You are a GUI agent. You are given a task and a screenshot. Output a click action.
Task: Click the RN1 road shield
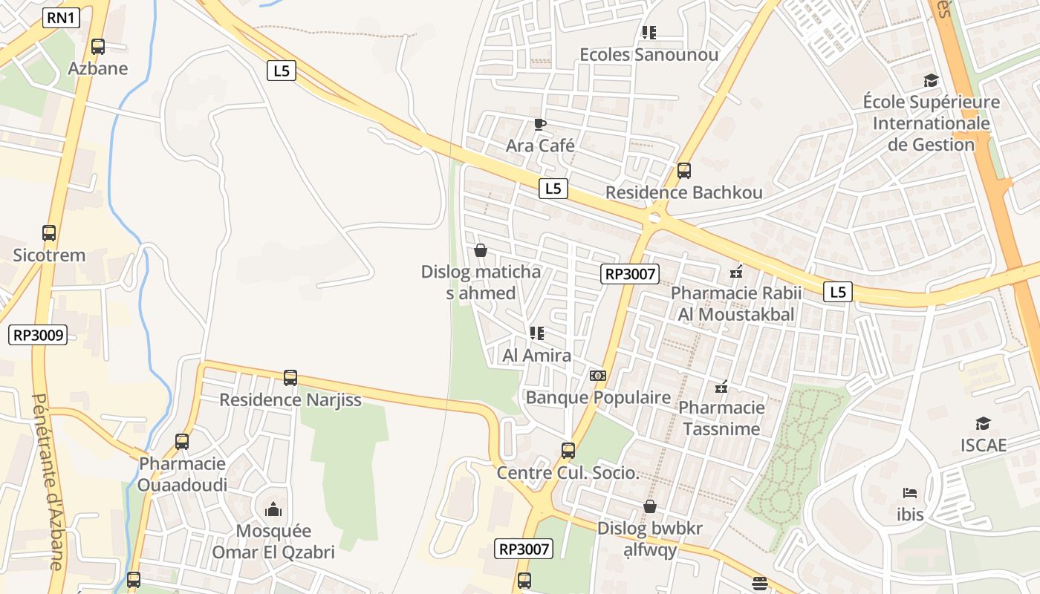pyautogui.click(x=61, y=18)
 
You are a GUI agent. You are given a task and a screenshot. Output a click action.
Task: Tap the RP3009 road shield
pyautogui.click(x=38, y=335)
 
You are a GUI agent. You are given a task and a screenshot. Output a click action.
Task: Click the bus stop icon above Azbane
pyautogui.click(x=98, y=47)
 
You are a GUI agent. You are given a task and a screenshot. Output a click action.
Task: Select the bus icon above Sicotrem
pyautogui.click(x=49, y=233)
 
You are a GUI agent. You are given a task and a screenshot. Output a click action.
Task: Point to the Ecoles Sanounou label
pyautogui.click(x=649, y=55)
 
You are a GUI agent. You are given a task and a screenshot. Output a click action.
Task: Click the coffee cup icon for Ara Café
pyautogui.click(x=540, y=124)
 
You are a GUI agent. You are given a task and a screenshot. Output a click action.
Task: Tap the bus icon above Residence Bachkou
pyautogui.click(x=684, y=171)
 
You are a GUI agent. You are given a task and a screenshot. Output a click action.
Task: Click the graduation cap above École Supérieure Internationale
pyautogui.click(x=931, y=80)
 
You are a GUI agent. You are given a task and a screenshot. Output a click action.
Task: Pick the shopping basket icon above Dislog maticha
pyautogui.click(x=481, y=251)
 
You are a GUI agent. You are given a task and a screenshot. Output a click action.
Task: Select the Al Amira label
pyautogui.click(x=537, y=356)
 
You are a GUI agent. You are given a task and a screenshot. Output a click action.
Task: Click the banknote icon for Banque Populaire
pyautogui.click(x=598, y=376)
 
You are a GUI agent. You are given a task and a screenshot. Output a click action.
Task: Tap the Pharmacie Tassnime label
pyautogui.click(x=721, y=418)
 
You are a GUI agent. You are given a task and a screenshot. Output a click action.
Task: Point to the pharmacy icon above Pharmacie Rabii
pyautogui.click(x=737, y=272)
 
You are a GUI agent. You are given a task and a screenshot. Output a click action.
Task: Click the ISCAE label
pyautogui.click(x=983, y=445)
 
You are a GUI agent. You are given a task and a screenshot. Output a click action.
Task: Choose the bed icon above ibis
pyautogui.click(x=910, y=492)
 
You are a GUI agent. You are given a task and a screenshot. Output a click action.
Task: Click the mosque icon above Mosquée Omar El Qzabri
pyautogui.click(x=273, y=509)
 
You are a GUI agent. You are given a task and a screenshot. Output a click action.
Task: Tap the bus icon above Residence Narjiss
pyautogui.click(x=290, y=378)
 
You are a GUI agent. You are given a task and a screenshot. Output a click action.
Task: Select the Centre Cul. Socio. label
pyautogui.click(x=568, y=473)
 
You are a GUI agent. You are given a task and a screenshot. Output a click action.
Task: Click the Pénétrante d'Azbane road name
pyautogui.click(x=46, y=483)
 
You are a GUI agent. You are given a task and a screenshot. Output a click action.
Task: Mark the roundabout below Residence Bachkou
pyautogui.click(x=654, y=218)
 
